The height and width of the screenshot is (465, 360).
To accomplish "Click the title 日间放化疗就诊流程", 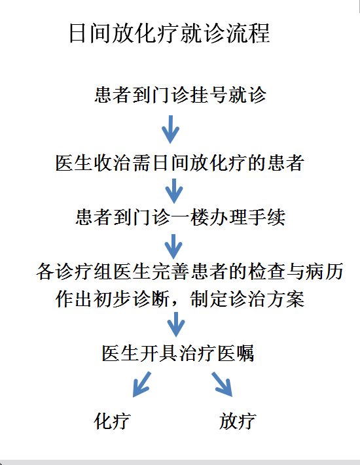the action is point(170,33).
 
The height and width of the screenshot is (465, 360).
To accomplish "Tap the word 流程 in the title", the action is point(248,33).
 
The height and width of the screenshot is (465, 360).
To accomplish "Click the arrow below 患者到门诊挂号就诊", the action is point(170,129).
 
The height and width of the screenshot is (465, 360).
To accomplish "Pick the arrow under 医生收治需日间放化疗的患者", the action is point(174,191).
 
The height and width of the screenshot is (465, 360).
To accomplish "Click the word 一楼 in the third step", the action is point(190,217).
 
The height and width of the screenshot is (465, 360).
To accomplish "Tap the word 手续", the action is point(266,217).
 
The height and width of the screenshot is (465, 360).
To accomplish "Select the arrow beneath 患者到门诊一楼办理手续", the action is point(173,247).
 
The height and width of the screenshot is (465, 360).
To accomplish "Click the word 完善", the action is point(170,271).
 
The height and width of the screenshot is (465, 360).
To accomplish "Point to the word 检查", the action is point(266,271).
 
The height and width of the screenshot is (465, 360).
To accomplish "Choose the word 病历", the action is point(324,271).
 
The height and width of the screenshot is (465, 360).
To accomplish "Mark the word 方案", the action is point(286,298).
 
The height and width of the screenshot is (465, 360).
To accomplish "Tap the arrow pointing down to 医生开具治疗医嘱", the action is point(176,324).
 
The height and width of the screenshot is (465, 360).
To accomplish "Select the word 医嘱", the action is point(236,353).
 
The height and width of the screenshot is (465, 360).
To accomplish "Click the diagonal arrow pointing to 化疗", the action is point(142,385).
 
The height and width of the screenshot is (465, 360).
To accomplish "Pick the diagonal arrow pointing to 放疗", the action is point(222,385).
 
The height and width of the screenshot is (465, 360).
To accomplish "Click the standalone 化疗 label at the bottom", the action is point(112,421).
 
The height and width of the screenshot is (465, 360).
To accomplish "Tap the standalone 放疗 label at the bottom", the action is point(238,421).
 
